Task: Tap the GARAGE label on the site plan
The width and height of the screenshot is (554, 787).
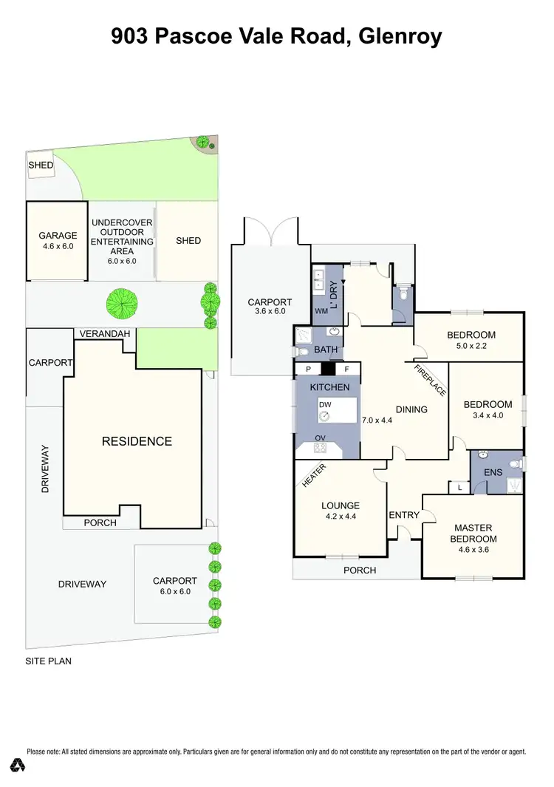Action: (x=58, y=236)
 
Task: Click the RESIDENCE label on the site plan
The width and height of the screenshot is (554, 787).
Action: (x=137, y=441)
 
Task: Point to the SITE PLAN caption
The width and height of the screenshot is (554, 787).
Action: (x=49, y=661)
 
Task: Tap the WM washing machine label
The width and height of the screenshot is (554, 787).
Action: (x=321, y=311)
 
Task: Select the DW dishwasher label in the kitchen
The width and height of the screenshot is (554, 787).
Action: (x=325, y=405)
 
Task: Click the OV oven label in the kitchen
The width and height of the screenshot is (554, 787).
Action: (x=321, y=437)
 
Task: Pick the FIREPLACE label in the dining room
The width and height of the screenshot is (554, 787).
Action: (x=429, y=381)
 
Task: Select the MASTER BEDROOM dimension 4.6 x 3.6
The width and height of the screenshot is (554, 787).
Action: (x=473, y=549)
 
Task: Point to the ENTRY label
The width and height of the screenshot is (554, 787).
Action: (x=403, y=515)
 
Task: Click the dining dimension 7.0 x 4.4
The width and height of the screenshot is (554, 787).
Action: (x=377, y=420)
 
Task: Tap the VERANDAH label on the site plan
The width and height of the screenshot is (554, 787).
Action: (x=106, y=334)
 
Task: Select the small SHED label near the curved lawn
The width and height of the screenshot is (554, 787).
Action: (x=41, y=165)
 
